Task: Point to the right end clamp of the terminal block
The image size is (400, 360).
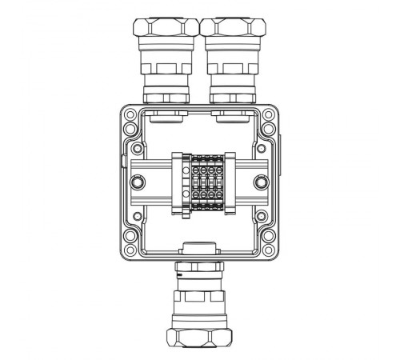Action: [x=226, y=183]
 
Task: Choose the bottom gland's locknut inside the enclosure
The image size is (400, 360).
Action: [x=200, y=246]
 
